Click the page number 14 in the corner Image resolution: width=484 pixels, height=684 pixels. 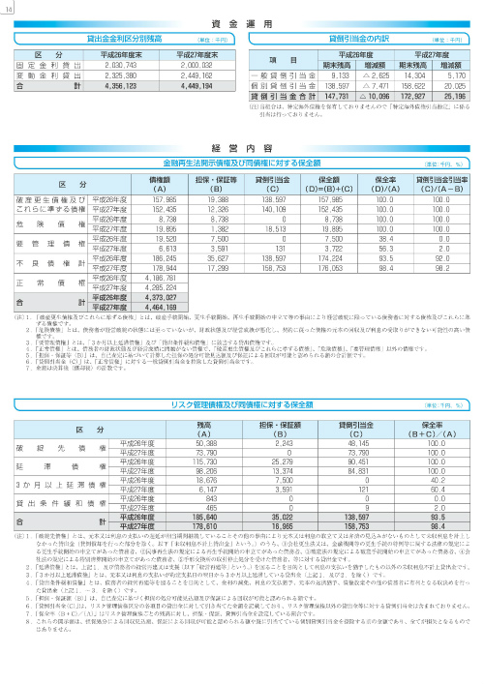pos(10,10)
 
